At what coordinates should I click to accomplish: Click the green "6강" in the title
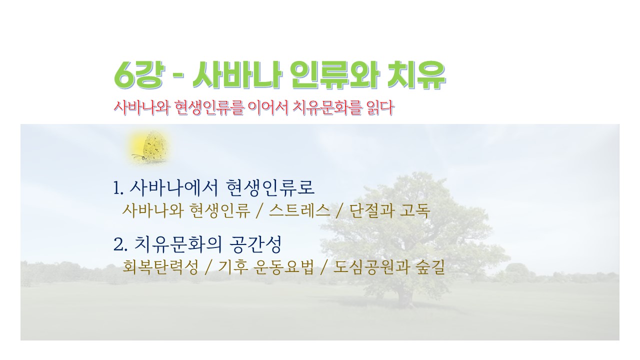click(139, 75)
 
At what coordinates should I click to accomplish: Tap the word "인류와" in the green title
click(335, 75)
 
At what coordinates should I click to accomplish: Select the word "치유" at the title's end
click(416, 75)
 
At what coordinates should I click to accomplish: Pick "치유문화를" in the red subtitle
click(327, 107)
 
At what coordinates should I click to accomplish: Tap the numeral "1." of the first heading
click(118, 188)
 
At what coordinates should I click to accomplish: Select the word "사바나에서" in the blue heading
click(174, 187)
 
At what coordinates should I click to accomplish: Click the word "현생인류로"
click(270, 187)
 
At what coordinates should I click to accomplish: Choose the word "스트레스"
click(299, 210)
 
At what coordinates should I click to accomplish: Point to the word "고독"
click(415, 210)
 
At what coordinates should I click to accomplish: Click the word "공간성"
click(255, 244)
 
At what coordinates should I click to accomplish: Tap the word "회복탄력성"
click(160, 267)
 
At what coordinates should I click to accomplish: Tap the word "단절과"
click(371, 210)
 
